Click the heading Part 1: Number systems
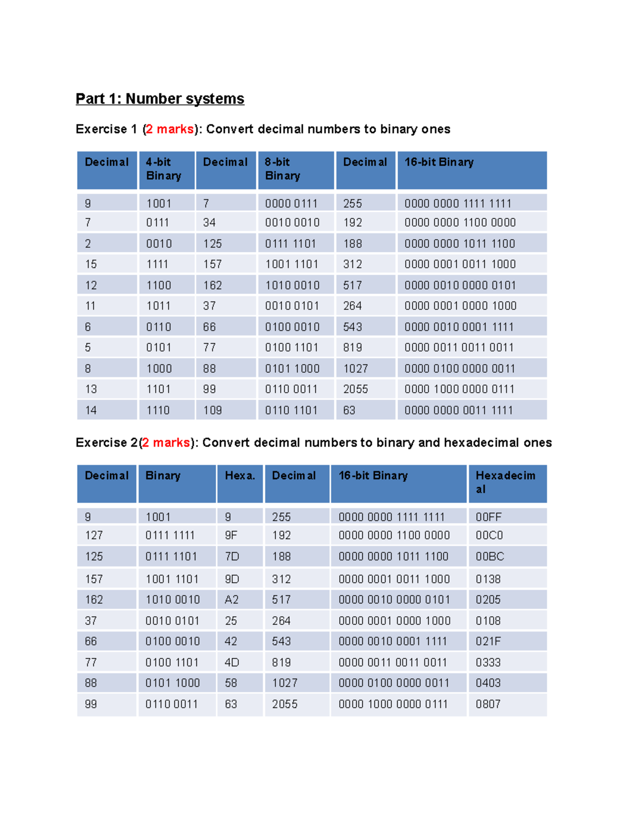[160, 99]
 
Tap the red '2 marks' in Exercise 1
[170, 129]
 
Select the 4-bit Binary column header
[164, 169]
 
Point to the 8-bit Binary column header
[282, 169]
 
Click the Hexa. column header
[240, 476]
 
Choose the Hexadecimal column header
[505, 482]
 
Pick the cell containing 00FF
[488, 517]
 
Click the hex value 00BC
[489, 557]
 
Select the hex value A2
[231, 600]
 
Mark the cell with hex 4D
[231, 662]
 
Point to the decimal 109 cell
[213, 410]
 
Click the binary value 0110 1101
[291, 410]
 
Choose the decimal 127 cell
[94, 535]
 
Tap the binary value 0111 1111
[170, 535]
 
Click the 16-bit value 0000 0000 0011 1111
[459, 410]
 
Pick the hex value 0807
[488, 704]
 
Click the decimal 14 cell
[91, 410]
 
